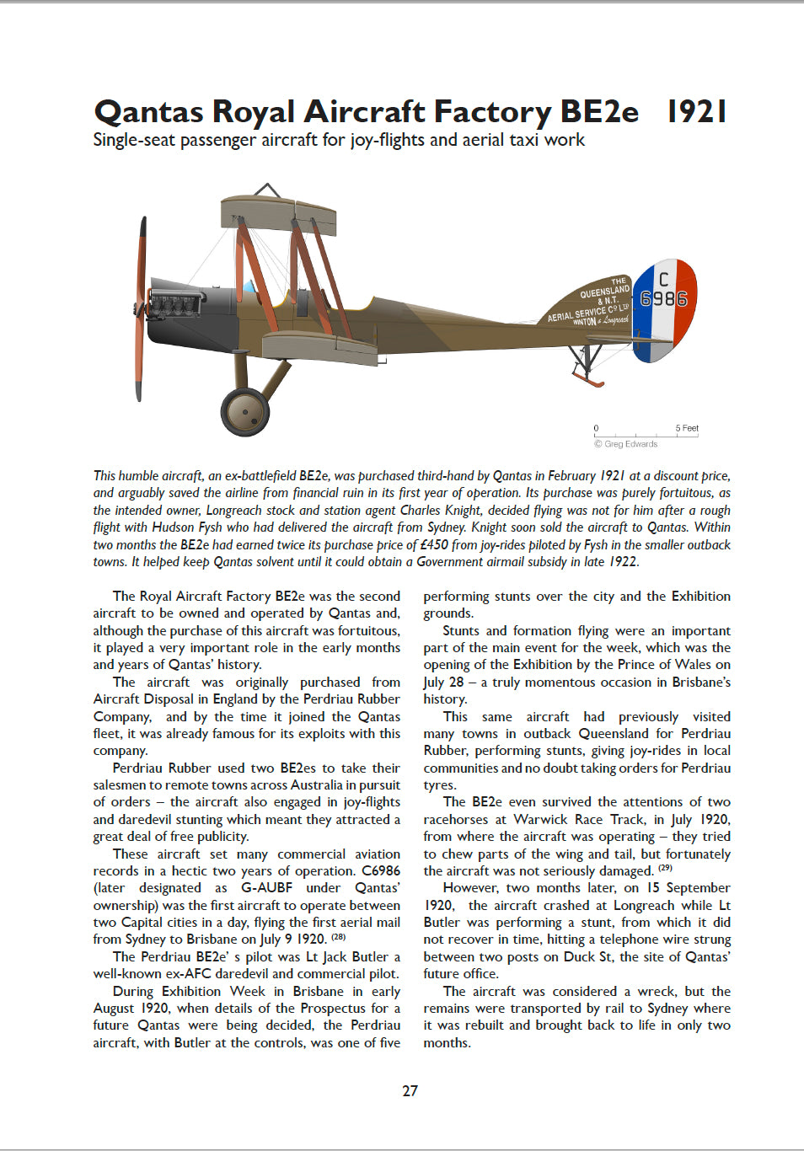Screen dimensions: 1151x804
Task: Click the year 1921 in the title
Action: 696,111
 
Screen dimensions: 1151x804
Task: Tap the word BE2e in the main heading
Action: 598,111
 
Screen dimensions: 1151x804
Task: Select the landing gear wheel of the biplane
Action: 245,412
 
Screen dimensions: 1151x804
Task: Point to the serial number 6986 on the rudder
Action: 663,299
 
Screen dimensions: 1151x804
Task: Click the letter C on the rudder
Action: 664,278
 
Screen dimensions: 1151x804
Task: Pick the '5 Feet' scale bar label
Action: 687,428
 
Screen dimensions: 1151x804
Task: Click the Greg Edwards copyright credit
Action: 626,444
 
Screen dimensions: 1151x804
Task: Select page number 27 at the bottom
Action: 410,1090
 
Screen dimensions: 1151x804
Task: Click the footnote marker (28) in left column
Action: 339,937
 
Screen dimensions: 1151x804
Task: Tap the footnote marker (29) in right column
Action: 665,868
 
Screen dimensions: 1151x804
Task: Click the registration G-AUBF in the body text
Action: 266,887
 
